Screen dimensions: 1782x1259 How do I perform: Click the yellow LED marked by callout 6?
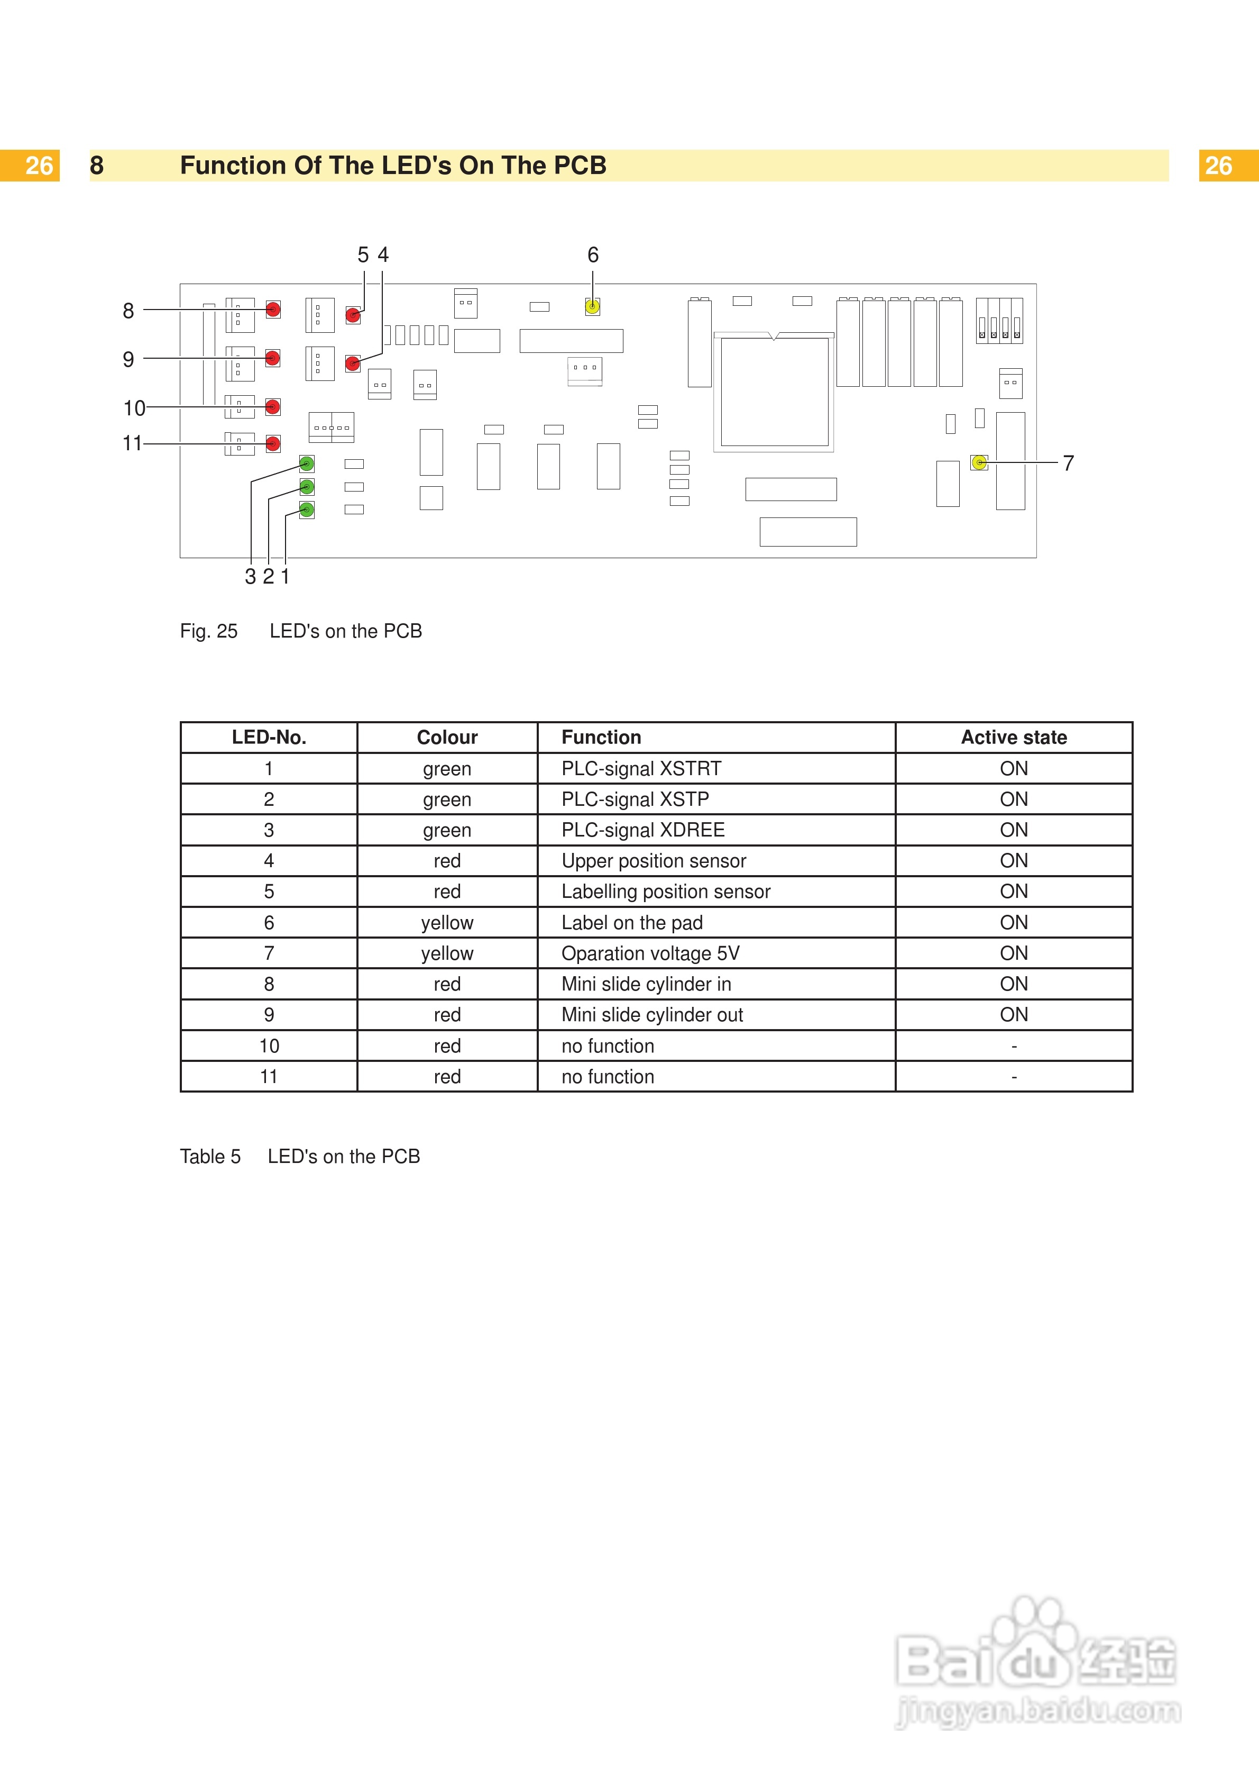pos(592,306)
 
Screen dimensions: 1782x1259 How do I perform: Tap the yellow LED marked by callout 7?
pos(979,462)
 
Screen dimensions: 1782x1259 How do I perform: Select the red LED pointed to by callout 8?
pos(273,310)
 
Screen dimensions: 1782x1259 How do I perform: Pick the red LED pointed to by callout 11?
pos(273,443)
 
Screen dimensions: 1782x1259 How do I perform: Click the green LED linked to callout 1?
pos(307,510)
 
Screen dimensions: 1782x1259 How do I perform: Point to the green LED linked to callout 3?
pos(307,464)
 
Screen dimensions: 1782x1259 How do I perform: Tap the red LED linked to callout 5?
pos(353,315)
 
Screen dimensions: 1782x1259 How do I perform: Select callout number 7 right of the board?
pos(1068,463)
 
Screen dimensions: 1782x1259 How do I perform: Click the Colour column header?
pos(447,738)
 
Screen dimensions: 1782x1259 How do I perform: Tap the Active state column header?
pos(1013,738)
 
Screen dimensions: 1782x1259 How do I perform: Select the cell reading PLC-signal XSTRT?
pos(641,768)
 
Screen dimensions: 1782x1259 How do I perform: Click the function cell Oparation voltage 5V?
pos(650,953)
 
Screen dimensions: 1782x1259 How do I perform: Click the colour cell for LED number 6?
pos(447,923)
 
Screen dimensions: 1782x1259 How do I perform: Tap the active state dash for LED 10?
pos(1013,1046)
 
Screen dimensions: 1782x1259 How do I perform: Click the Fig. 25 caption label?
pos(209,631)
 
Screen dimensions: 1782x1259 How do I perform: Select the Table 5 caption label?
pos(210,1157)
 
